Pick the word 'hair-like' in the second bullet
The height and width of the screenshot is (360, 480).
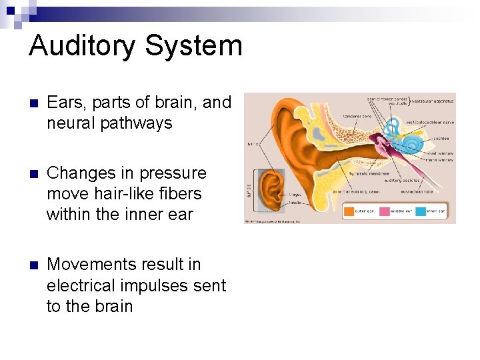(129, 193)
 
